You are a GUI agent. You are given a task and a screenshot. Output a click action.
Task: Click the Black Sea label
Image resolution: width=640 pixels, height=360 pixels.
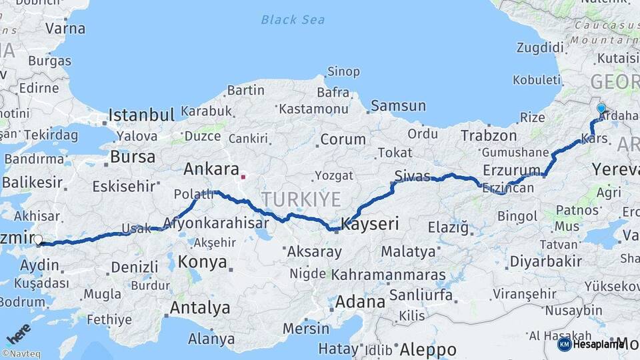point(293,19)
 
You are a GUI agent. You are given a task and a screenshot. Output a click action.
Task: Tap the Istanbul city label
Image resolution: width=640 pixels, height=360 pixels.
point(141,115)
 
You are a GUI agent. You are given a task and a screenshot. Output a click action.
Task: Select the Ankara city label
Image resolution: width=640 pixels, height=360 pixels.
point(211,168)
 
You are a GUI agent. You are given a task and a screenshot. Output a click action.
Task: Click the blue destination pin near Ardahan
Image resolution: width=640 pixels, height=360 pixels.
point(601,109)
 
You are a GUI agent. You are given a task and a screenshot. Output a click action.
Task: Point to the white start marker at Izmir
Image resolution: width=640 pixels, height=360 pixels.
point(38,240)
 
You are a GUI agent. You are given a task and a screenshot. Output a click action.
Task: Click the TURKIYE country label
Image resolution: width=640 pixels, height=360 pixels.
point(301,199)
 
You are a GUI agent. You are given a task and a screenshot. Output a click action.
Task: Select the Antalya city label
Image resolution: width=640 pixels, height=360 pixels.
point(199,308)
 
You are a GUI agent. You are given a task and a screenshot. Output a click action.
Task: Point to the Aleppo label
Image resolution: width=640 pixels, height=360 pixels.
point(427,349)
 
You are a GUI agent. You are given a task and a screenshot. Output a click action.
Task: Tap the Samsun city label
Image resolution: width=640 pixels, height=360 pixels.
point(398,105)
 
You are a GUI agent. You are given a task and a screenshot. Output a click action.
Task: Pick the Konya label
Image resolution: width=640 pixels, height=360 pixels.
point(202,261)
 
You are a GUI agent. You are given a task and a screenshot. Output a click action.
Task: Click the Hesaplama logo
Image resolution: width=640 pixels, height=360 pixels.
point(591,345)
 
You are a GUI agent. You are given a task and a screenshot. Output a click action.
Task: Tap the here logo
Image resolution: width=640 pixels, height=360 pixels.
point(19,333)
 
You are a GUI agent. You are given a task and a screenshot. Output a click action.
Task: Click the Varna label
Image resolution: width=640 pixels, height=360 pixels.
point(65,28)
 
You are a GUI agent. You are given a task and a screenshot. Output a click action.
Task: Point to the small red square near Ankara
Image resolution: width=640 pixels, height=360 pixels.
point(243,177)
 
